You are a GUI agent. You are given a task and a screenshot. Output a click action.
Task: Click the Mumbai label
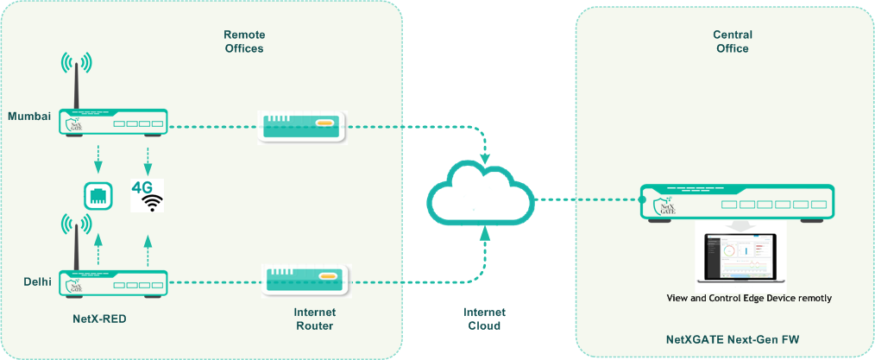tap(29, 116)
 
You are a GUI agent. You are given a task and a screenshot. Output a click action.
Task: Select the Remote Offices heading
tap(244, 41)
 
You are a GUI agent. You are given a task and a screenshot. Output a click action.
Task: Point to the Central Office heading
tap(732, 41)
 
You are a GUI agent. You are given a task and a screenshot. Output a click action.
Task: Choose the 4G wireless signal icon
tap(148, 195)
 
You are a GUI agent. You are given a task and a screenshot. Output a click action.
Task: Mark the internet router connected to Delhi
tap(304, 280)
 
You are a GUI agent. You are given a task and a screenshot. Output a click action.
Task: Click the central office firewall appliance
tap(736, 203)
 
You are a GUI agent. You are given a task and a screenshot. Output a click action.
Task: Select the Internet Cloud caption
tap(482, 319)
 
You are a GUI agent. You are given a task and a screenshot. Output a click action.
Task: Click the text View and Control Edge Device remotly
tap(749, 298)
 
